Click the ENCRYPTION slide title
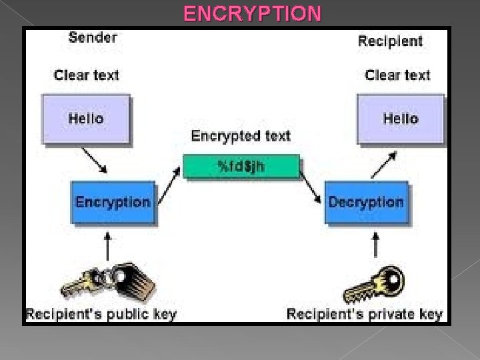(x=252, y=13)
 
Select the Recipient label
(x=390, y=41)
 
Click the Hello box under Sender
(x=86, y=119)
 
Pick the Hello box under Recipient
(x=400, y=119)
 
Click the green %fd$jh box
(x=241, y=166)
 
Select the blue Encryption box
(x=113, y=202)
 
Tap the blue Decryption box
(x=366, y=202)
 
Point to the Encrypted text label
(x=241, y=136)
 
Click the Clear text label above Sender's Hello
(x=86, y=75)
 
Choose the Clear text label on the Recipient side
(x=397, y=75)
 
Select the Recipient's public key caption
(x=101, y=313)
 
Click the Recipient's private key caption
(x=365, y=313)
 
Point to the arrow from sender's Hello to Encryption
(x=95, y=159)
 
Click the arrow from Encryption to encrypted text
(x=170, y=181)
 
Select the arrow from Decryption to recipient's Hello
(x=383, y=163)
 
